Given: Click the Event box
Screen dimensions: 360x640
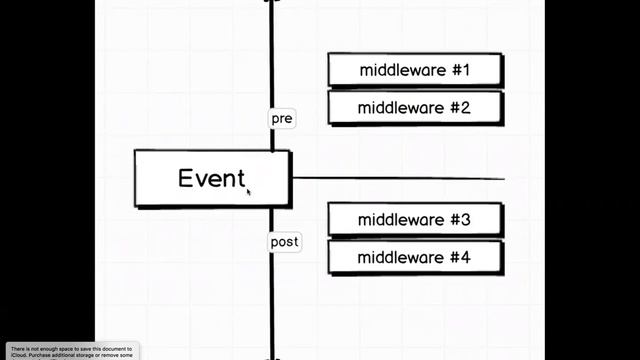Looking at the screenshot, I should pyautogui.click(x=212, y=178).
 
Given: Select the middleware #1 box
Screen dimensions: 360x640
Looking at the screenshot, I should pyautogui.click(x=414, y=70).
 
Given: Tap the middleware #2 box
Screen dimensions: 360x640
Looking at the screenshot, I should pyautogui.click(x=414, y=107).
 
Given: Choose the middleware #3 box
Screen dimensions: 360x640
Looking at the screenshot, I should pyautogui.click(x=414, y=220).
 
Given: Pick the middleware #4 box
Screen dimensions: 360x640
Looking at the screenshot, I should pyautogui.click(x=414, y=257).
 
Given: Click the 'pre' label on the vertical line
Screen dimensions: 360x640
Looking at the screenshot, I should pyautogui.click(x=282, y=118).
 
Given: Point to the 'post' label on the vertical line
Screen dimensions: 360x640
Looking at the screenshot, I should pyautogui.click(x=284, y=242).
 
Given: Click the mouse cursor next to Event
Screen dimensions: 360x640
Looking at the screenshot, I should pyautogui.click(x=249, y=190).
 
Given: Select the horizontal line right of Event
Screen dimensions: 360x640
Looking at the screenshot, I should pyautogui.click(x=400, y=179).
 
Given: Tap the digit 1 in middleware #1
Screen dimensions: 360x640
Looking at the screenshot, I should pyautogui.click(x=466, y=70).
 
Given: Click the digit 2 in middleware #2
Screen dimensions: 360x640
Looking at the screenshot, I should pyautogui.click(x=465, y=107).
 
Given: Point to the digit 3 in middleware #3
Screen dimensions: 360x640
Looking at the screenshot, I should pyautogui.click(x=465, y=220).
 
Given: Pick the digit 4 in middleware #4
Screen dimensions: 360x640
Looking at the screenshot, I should pyautogui.click(x=465, y=257).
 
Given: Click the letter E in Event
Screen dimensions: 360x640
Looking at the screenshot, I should pyautogui.click(x=186, y=178).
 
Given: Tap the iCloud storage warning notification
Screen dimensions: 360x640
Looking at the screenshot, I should pyautogui.click(x=72, y=351).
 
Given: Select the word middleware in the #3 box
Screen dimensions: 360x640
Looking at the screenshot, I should pyautogui.click(x=399, y=220).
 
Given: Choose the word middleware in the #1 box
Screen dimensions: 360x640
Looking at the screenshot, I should pyautogui.click(x=399, y=70).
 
